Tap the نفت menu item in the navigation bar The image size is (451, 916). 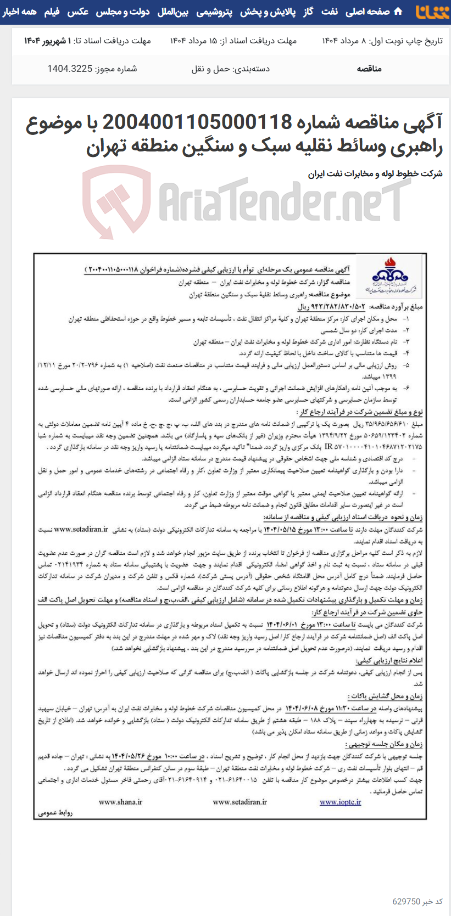coord(330,12)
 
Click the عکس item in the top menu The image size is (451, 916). coord(78,12)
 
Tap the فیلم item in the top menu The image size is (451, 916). coord(52,12)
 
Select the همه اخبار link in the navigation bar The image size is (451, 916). coord(20,12)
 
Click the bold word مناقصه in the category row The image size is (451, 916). coord(369,69)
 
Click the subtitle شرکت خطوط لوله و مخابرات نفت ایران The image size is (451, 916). coord(375,173)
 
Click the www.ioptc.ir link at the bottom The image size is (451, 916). coord(341,802)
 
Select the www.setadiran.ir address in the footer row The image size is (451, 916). coord(240,802)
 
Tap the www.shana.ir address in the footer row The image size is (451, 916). coord(120,802)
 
